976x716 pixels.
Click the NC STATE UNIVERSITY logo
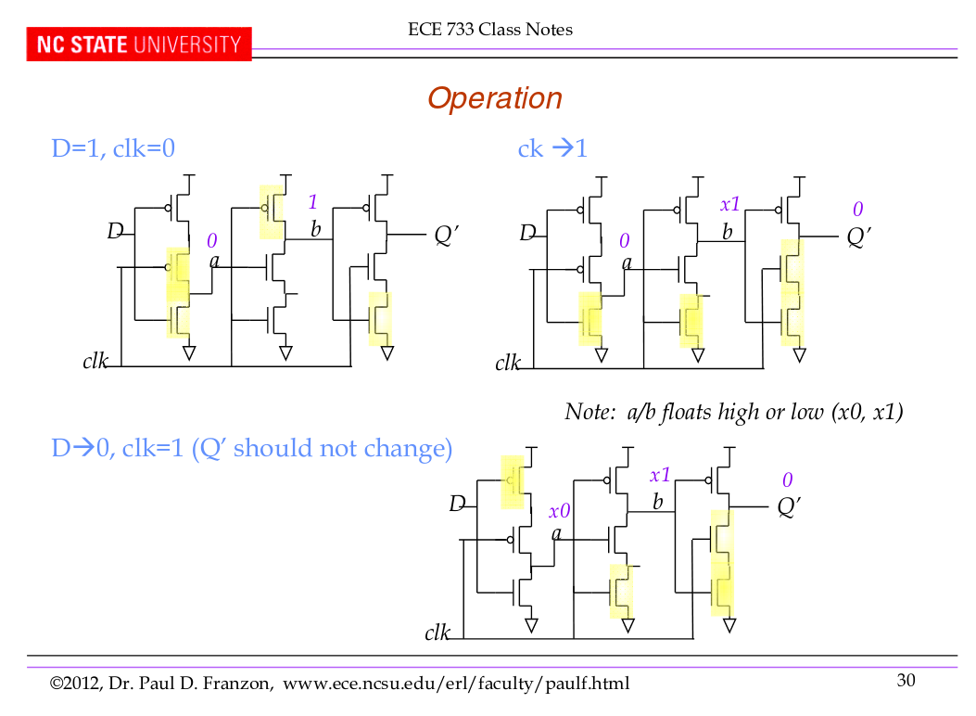[x=139, y=45]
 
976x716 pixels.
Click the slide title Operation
[x=494, y=98]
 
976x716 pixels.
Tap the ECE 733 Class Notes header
[x=490, y=30]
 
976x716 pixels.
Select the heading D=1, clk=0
[x=113, y=147]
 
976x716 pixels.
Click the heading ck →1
[x=552, y=147]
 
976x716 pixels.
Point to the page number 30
[x=906, y=681]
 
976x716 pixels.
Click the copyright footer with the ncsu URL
[x=339, y=684]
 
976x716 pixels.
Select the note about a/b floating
[x=733, y=412]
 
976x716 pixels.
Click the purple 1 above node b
[x=313, y=202]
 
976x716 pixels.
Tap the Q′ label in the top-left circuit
[x=447, y=236]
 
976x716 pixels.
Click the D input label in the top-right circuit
[x=527, y=233]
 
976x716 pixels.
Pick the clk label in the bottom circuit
[x=437, y=633]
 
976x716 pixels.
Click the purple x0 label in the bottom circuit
[x=559, y=511]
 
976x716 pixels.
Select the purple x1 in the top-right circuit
[x=730, y=205]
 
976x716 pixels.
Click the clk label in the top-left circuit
[x=95, y=361]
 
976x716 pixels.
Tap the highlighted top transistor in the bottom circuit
[x=513, y=481]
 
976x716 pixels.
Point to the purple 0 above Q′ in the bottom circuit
[x=787, y=480]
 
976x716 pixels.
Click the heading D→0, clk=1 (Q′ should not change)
[x=252, y=449]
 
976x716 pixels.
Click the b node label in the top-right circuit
[x=728, y=232]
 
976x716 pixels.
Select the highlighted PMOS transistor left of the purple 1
[x=272, y=211]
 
